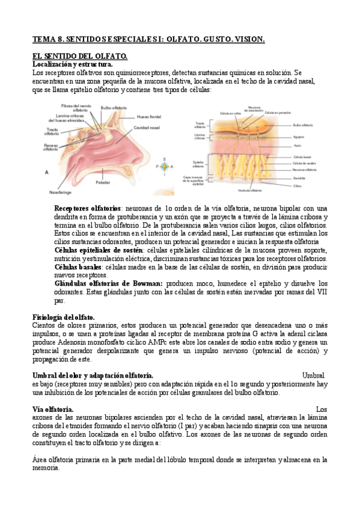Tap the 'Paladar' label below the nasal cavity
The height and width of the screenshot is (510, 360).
click(103, 181)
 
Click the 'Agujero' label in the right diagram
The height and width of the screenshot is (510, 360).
click(299, 137)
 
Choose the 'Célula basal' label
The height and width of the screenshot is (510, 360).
click(302, 156)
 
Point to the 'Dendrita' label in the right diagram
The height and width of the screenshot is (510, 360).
click(300, 178)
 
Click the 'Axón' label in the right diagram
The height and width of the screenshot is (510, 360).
click(297, 145)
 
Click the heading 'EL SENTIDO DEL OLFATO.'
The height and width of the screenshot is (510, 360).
click(71, 55)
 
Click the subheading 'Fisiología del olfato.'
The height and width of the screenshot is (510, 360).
click(63, 317)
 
